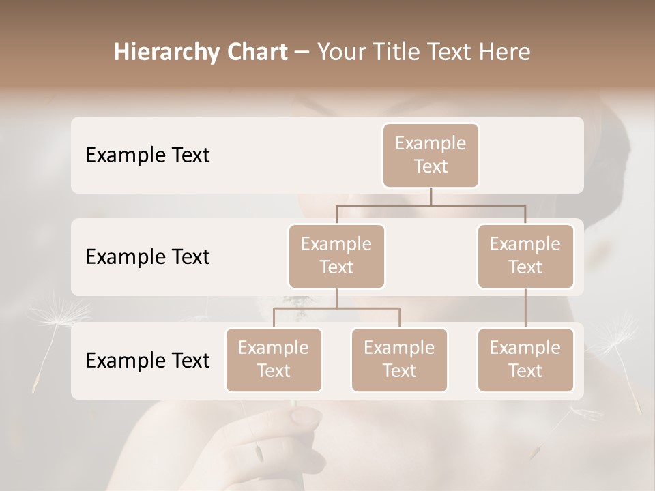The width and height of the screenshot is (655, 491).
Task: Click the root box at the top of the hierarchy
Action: [431, 155]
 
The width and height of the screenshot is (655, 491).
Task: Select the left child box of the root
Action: [336, 256]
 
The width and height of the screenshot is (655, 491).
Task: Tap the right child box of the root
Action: [525, 256]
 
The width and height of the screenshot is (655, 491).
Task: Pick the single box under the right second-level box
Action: [525, 359]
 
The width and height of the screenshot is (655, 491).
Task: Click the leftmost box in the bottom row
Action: [274, 359]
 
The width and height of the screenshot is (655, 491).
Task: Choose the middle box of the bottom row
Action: [399, 359]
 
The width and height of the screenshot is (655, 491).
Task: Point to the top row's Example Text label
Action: [147, 155]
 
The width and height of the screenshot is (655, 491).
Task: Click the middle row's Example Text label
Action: [147, 257]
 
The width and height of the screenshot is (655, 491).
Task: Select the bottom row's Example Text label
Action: [147, 361]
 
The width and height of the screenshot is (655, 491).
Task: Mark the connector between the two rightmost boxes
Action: [525, 308]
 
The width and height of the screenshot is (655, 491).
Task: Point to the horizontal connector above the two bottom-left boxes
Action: [336, 308]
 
